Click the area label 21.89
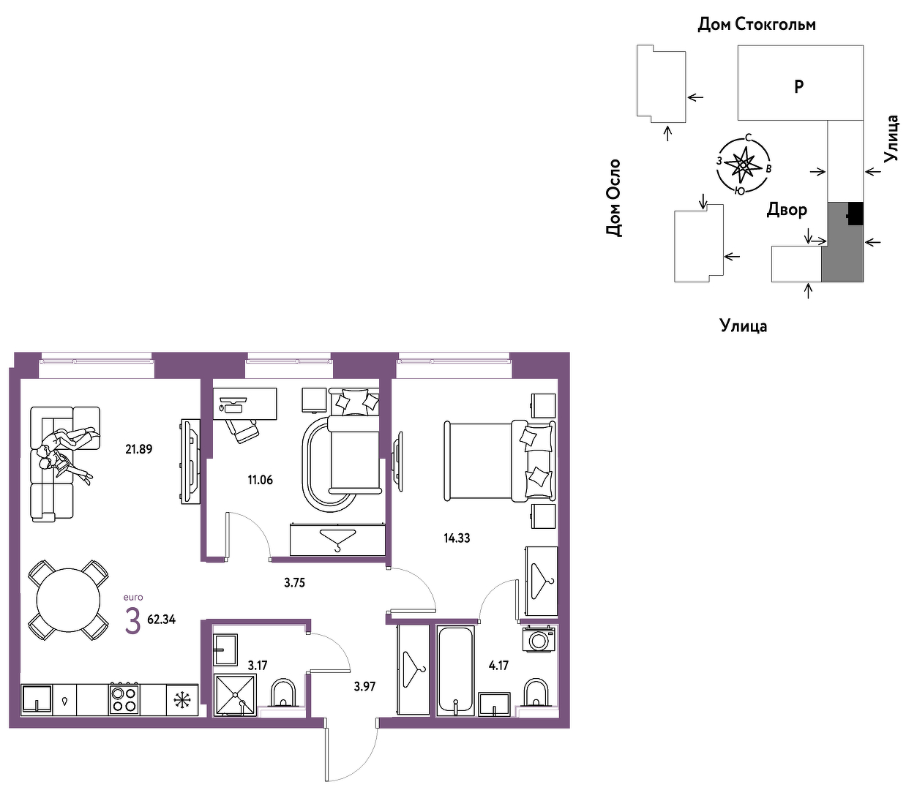pyautogui.click(x=139, y=450)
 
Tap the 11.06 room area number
pyautogui.click(x=261, y=480)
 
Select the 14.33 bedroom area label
pyautogui.click(x=457, y=538)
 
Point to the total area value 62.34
pyautogui.click(x=162, y=620)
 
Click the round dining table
pyautogui.click(x=68, y=601)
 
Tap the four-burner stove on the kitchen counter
pyautogui.click(x=124, y=699)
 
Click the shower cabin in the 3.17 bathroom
pyautogui.click(x=235, y=695)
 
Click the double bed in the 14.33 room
pyautogui.click(x=500, y=461)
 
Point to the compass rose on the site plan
pyautogui.click(x=744, y=165)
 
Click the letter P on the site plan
pyautogui.click(x=798, y=86)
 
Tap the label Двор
pyautogui.click(x=787, y=209)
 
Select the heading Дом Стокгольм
pyautogui.click(x=757, y=24)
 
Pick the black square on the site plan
pyautogui.click(x=856, y=214)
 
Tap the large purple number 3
pyautogui.click(x=132, y=621)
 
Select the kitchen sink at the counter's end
pyautogui.click(x=37, y=699)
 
